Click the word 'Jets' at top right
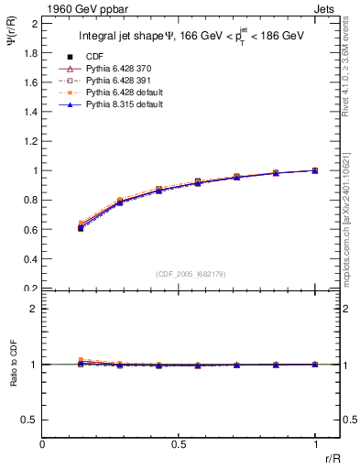[324, 8]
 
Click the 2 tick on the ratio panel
[34, 309]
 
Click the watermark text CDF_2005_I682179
[191, 274]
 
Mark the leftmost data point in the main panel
[81, 227]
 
